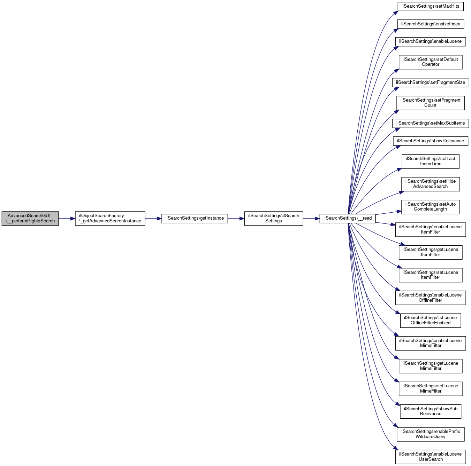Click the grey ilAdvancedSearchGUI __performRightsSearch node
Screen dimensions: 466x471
click(x=30, y=218)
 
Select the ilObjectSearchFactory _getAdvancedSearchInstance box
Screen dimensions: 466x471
click(x=110, y=218)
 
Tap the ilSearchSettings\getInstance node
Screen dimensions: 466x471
click(x=195, y=218)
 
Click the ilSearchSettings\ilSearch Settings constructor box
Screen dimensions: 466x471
click(x=273, y=218)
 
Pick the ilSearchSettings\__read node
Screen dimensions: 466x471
click(x=347, y=218)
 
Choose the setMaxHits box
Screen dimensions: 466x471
click(x=430, y=6)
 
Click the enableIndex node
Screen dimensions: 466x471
click(x=430, y=24)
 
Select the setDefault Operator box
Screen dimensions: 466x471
click(x=430, y=62)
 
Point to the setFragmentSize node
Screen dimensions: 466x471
click(x=430, y=82)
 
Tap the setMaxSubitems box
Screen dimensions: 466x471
click(x=430, y=123)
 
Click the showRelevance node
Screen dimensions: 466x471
click(x=430, y=141)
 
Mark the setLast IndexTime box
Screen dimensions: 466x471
click(x=430, y=161)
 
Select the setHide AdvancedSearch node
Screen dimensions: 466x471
click(x=430, y=184)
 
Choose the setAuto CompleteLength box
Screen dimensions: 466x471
click(x=430, y=207)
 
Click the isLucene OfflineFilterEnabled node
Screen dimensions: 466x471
click(x=430, y=320)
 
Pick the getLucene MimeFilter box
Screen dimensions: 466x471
click(x=430, y=366)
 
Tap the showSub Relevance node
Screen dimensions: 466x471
click(x=430, y=411)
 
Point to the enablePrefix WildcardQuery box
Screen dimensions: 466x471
click(x=430, y=434)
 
